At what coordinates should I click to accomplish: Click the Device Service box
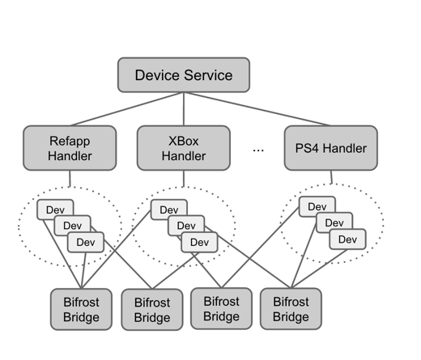[x=184, y=74]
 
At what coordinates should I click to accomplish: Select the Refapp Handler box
[x=70, y=148]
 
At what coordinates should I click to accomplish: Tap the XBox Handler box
[x=184, y=148]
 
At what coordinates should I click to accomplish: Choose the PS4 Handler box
[x=331, y=148]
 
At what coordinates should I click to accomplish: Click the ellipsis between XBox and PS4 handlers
[x=258, y=150]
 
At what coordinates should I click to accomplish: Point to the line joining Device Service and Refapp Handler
[x=127, y=109]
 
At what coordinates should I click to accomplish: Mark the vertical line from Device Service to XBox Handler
[x=184, y=109]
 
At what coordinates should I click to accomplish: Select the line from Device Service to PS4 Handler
[x=257, y=109]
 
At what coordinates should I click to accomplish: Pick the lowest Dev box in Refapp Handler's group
[x=86, y=242]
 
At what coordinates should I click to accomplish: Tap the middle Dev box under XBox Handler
[x=186, y=224]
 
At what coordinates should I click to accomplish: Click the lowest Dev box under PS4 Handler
[x=347, y=239]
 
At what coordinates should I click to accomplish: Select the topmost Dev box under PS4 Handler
[x=317, y=205]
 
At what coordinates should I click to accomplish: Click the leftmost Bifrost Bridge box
[x=81, y=309]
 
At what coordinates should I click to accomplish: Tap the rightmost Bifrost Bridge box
[x=291, y=309]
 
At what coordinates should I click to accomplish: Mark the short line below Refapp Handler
[x=70, y=179]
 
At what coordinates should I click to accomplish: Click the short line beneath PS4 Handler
[x=331, y=177]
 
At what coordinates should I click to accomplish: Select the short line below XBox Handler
[x=184, y=179]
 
